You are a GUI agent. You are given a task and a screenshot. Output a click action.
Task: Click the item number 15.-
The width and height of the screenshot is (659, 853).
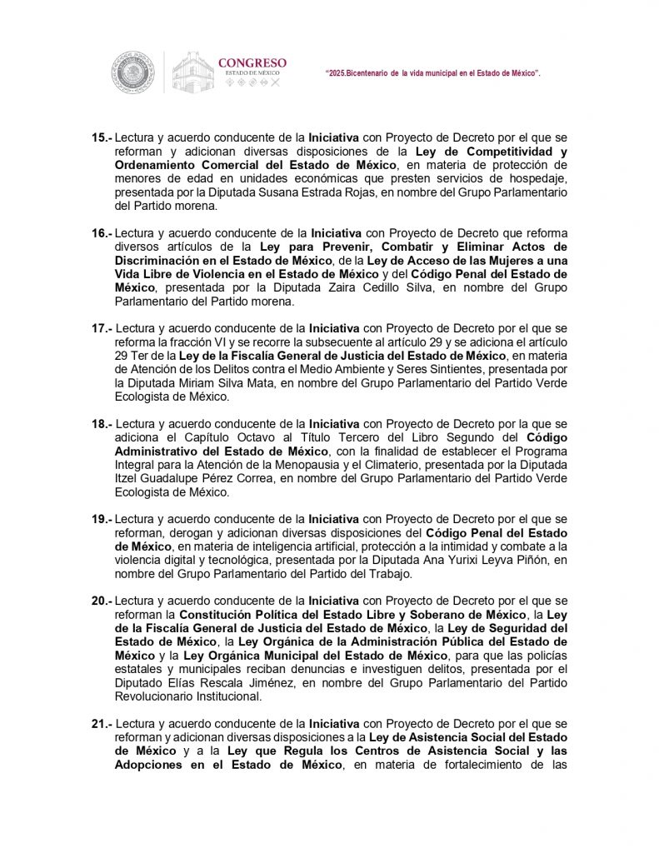(102, 137)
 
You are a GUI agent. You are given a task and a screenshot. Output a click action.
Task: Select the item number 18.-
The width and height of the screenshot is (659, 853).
(102, 423)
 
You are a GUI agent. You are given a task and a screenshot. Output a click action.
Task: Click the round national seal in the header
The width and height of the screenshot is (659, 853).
(133, 72)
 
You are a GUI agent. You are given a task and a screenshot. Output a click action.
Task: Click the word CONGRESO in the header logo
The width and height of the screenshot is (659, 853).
(252, 62)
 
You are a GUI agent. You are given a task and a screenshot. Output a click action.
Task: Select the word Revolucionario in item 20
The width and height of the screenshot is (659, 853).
(154, 696)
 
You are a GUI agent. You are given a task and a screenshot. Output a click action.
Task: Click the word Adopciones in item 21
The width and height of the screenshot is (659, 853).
(147, 765)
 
